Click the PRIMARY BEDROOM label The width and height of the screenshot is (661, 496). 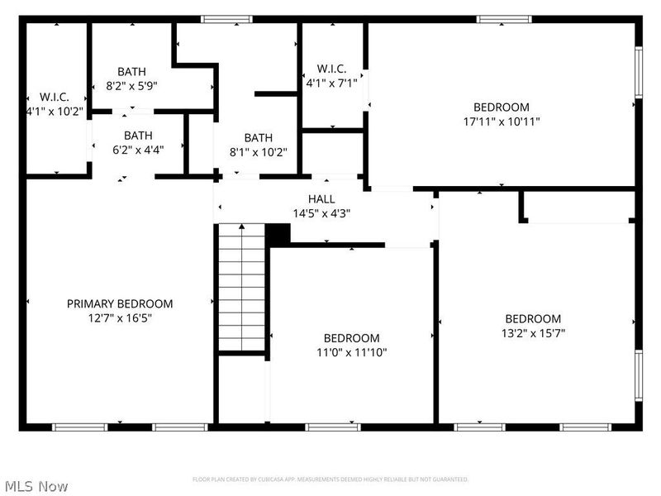click(x=120, y=303)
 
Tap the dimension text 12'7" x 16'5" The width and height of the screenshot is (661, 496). click(x=120, y=317)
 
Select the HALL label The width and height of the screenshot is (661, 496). click(x=321, y=199)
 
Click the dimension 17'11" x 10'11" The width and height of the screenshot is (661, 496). click(x=501, y=122)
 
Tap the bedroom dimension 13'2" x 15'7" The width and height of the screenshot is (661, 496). click(x=533, y=333)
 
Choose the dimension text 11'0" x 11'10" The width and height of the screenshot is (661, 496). click(x=352, y=352)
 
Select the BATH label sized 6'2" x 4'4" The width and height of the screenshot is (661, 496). click(x=138, y=136)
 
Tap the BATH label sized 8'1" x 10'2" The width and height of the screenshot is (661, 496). click(x=258, y=138)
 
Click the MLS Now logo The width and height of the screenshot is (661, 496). click(x=36, y=486)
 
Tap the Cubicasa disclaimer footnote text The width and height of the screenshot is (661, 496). click(x=330, y=479)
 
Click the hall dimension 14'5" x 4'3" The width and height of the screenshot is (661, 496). click(x=321, y=213)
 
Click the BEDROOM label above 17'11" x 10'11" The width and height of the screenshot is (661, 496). click(x=501, y=107)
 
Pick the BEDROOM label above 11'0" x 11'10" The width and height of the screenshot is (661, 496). click(x=352, y=338)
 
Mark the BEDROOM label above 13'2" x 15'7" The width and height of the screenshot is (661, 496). click(x=533, y=319)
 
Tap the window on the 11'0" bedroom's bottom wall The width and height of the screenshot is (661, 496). click(x=332, y=427)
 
